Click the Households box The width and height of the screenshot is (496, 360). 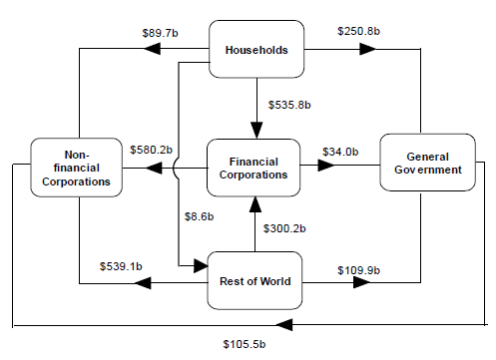coord(255,50)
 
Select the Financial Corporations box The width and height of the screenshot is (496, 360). coord(255,167)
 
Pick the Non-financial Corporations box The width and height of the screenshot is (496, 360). coord(76,169)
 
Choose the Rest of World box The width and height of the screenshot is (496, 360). coord(255,281)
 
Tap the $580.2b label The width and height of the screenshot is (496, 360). coord(152,150)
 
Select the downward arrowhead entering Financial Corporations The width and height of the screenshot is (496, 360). coord(255,129)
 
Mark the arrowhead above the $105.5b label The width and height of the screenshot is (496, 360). coord(284,325)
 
